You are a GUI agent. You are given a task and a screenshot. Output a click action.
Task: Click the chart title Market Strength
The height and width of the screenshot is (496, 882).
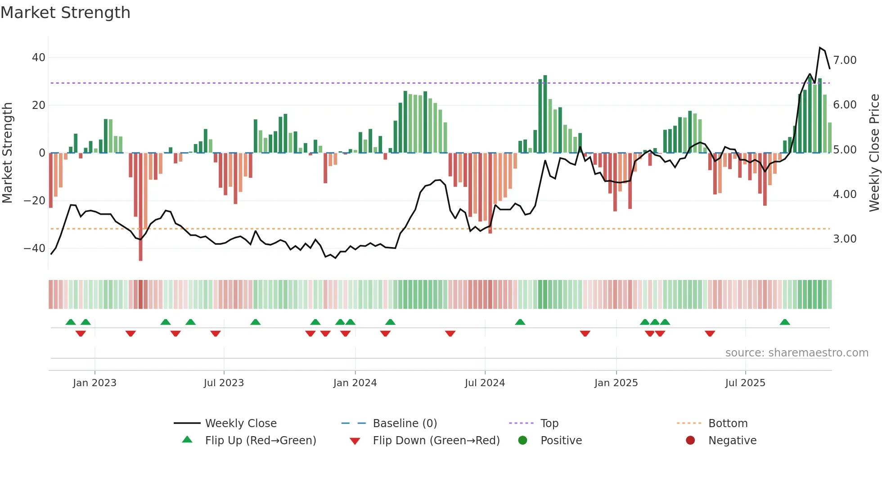click(66, 13)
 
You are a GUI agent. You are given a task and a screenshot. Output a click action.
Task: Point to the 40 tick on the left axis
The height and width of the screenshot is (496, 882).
click(39, 58)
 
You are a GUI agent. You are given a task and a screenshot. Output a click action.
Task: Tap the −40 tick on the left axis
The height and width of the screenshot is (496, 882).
click(35, 248)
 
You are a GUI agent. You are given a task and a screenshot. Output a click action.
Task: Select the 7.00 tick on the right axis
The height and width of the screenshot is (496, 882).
click(845, 60)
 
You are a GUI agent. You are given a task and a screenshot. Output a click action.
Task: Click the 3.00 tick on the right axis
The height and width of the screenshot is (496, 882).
click(845, 239)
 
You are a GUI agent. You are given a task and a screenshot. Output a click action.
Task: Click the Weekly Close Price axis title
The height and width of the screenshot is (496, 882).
click(874, 153)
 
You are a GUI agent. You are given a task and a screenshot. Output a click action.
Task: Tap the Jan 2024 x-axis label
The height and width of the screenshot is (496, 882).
click(355, 383)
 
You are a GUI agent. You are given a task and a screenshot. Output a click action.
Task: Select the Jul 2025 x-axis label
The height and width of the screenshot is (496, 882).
click(745, 383)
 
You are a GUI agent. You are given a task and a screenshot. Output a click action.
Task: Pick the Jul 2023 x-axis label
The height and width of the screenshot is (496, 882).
click(224, 383)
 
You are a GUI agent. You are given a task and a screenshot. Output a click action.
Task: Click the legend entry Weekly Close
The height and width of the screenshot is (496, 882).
click(241, 424)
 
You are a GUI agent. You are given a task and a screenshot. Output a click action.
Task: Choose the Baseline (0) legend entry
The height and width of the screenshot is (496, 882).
click(405, 424)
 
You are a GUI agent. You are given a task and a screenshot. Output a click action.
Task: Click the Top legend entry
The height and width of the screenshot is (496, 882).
click(549, 424)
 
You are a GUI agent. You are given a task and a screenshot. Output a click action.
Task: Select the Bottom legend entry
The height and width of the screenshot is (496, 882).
click(728, 424)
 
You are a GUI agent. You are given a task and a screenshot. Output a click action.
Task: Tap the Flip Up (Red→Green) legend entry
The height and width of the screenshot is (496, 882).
click(261, 441)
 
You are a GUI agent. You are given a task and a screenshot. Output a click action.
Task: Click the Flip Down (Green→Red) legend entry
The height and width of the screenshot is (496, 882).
click(436, 441)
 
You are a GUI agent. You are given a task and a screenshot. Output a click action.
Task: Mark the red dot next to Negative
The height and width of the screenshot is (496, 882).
click(690, 441)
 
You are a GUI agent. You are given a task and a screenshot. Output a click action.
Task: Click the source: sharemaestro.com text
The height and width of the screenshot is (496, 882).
click(796, 353)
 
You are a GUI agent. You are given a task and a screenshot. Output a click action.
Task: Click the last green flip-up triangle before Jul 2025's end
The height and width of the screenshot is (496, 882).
click(785, 322)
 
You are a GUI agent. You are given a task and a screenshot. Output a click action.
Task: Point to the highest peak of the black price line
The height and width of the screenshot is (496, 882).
click(820, 48)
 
